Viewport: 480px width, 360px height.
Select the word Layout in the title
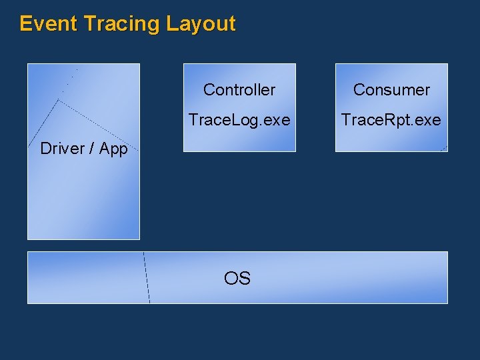[201, 24]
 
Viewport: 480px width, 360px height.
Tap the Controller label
[239, 90]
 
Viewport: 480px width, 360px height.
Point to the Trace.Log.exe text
[239, 120]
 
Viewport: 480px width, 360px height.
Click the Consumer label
[391, 90]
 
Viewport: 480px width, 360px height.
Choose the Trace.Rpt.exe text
[391, 120]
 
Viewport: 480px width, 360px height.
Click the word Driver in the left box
[63, 149]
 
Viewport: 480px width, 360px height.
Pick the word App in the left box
[113, 149]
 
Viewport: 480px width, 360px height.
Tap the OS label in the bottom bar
[237, 279]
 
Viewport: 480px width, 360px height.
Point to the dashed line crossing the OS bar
[146, 277]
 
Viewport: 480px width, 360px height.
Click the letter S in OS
[245, 279]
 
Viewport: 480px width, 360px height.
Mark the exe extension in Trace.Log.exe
[277, 121]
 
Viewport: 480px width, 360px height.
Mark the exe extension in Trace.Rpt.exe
[428, 121]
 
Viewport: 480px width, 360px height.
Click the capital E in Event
[25, 24]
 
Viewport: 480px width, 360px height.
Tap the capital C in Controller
[209, 90]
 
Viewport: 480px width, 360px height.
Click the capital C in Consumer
[359, 90]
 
